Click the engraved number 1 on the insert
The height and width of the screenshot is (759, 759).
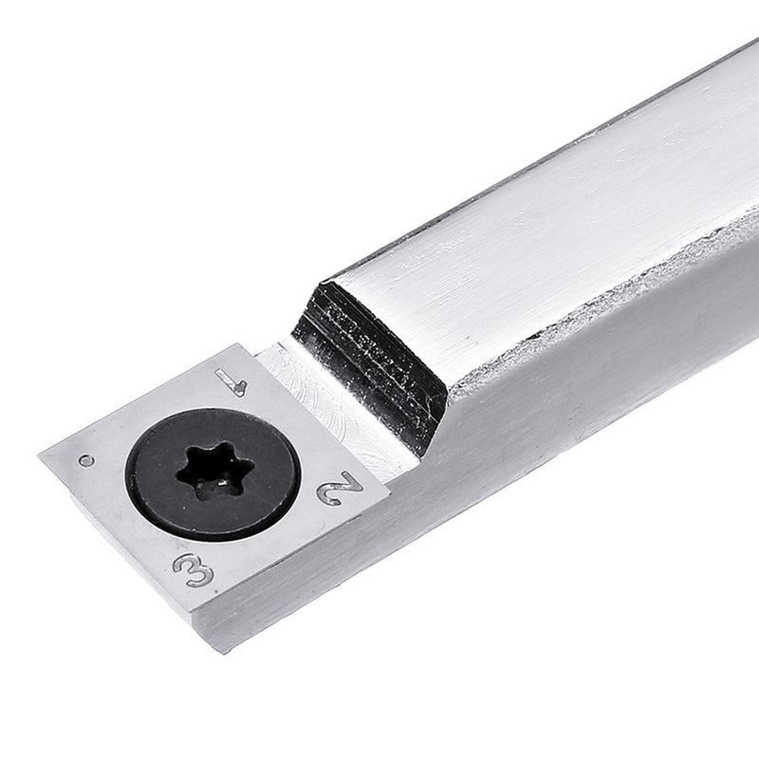231,382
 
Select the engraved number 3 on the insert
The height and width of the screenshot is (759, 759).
194,569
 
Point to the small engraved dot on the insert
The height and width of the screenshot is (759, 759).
86,461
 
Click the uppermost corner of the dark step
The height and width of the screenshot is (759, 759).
327,281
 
